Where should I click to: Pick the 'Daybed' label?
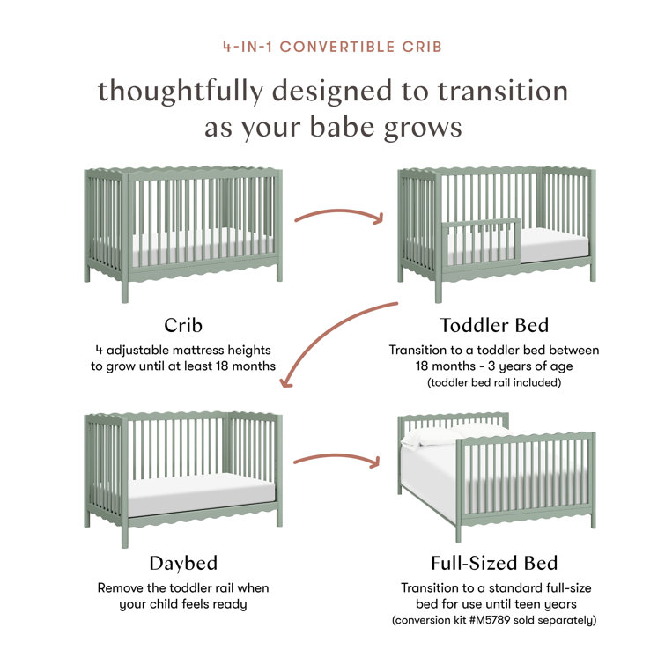pos(183,563)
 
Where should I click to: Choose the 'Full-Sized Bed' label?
pos(493,563)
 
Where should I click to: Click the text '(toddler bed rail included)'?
pos(493,383)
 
